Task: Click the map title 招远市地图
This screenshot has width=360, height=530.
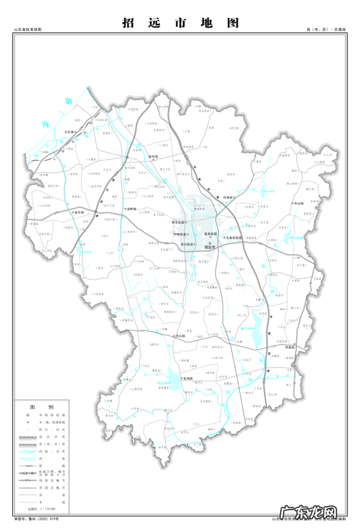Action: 180,23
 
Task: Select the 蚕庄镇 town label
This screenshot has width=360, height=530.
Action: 79,212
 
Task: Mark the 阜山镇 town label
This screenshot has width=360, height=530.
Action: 298,203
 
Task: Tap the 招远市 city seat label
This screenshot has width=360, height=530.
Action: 211,246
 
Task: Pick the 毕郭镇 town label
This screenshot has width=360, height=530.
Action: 289,347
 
